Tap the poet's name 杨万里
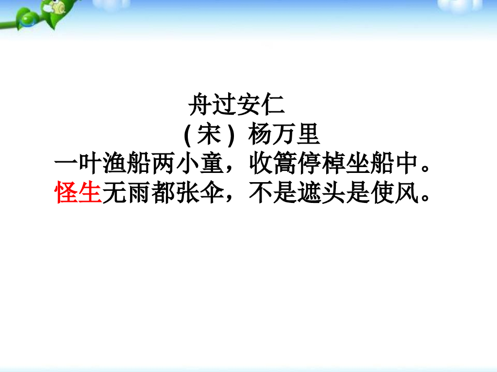[x=284, y=135]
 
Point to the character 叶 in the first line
[x=91, y=165]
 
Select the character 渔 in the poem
[x=115, y=165]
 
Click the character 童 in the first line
[x=212, y=165]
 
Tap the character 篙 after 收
[x=285, y=165]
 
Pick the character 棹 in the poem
[x=333, y=165]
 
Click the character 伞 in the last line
[x=212, y=192]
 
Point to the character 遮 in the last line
[x=309, y=192]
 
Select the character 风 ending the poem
[x=406, y=192]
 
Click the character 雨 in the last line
[x=139, y=192]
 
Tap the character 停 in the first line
[x=309, y=165]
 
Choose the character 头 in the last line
[x=333, y=192]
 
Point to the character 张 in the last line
[x=188, y=192]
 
